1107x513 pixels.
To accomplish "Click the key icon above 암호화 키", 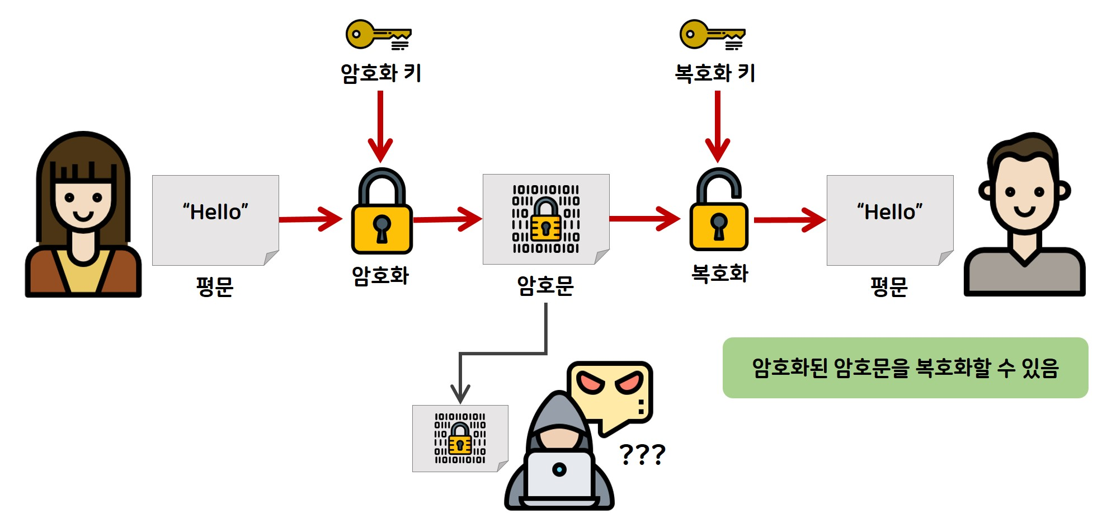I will pos(378,35).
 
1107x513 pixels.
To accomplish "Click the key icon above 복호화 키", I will pos(712,35).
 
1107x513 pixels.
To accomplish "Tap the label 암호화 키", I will pos(380,73).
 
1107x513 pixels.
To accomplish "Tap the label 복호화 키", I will pos(715,73).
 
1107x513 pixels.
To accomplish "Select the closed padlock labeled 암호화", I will pos(381,213).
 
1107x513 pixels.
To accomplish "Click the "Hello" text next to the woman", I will pos(215,212).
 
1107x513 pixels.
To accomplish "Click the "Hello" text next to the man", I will pos(889,212).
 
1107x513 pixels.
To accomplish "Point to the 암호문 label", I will pos(545,286).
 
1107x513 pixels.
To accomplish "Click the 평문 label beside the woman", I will pos(215,287).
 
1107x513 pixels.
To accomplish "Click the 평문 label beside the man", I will pos(889,287).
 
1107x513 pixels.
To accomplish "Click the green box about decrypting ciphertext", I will pos(905,368).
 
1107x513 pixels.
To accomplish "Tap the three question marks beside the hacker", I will pos(642,454).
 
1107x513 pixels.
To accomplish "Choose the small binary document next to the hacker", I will pos(460,439).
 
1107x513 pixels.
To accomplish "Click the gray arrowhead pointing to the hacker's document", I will pos(460,393).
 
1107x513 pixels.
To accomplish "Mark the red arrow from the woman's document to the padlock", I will pos(311,219).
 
